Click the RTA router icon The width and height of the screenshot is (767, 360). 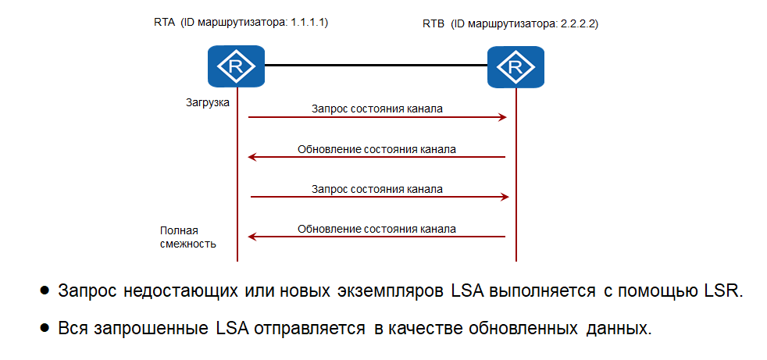[236, 66]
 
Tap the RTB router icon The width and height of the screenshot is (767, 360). [515, 66]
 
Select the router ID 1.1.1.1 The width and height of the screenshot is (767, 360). [309, 23]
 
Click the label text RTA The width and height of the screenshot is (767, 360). [165, 23]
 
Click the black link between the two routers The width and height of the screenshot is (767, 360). [375, 66]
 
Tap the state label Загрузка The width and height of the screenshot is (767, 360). [207, 102]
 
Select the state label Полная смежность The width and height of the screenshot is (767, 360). [188, 237]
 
